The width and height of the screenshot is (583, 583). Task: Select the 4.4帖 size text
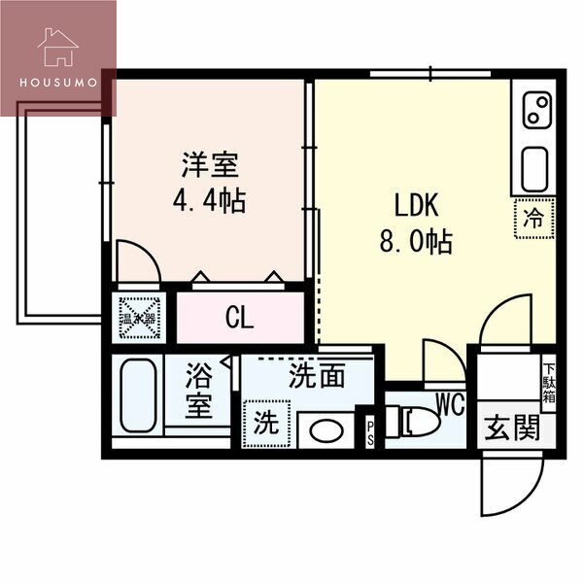tap(207, 201)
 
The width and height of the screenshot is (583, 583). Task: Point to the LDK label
tap(417, 205)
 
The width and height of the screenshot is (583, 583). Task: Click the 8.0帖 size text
tap(416, 240)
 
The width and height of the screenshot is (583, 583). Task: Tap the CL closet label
tap(239, 318)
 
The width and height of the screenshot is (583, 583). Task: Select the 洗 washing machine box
tap(265, 424)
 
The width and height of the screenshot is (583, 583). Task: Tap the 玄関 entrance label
tap(513, 429)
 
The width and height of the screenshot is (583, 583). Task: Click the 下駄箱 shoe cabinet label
tap(548, 382)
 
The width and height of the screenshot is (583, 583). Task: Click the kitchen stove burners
tap(535, 110)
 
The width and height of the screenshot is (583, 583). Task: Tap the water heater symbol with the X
tap(137, 317)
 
